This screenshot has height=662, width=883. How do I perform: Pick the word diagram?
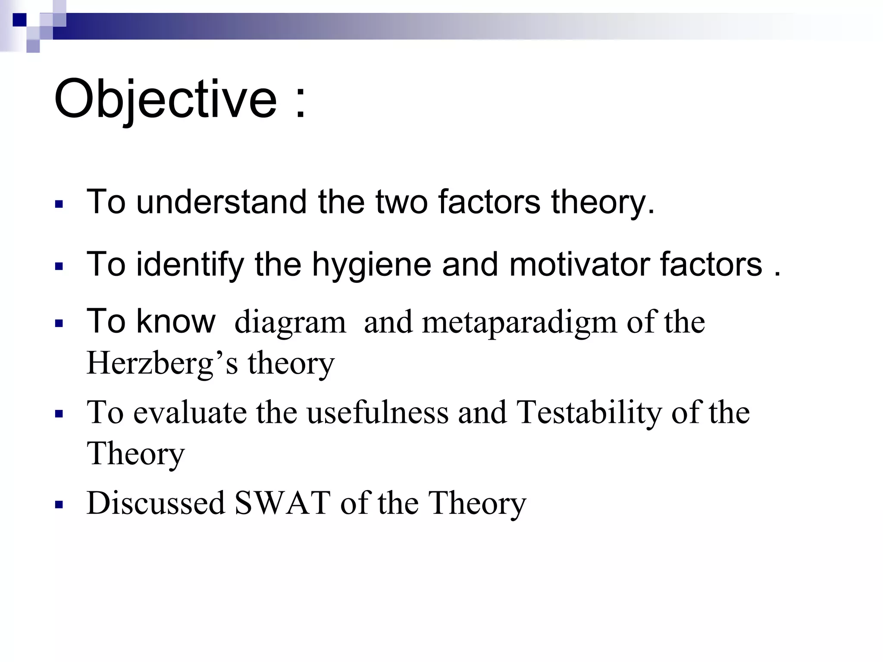pos(290,322)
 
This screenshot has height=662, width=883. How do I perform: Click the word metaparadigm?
pos(520,322)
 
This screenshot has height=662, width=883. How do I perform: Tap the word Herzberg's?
pos(162,363)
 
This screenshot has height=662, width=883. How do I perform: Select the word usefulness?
pos(377,412)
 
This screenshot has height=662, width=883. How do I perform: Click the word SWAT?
pos(282,503)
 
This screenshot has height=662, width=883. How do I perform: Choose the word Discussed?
pos(156,503)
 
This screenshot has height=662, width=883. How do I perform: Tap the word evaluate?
pos(190,412)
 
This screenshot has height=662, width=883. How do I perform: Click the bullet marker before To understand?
pos(59,204)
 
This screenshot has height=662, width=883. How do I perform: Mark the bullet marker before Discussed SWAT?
pos(59,504)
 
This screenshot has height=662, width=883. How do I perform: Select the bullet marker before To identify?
pos(59,266)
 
